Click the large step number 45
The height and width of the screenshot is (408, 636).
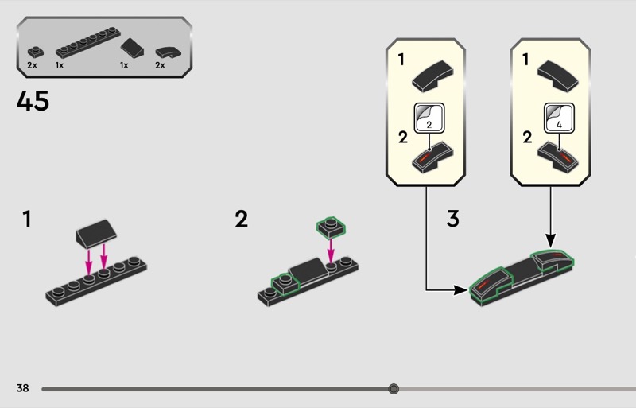(33, 101)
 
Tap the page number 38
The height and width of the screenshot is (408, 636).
(23, 388)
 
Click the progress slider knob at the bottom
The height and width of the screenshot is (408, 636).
(393, 389)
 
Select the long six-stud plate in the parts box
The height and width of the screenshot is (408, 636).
(88, 43)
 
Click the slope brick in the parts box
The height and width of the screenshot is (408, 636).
(132, 48)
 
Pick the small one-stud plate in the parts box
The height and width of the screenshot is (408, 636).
(36, 52)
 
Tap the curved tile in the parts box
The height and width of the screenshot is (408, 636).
(169, 52)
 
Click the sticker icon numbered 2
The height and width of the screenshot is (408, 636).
(429, 118)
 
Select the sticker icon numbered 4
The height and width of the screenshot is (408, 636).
(559, 118)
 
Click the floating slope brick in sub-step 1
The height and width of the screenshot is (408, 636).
(96, 234)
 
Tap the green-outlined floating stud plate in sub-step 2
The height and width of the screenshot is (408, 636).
(331, 227)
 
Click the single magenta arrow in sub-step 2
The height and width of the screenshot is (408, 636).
(331, 251)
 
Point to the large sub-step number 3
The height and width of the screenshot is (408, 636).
(452, 219)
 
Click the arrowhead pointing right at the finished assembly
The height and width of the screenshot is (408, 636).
(461, 289)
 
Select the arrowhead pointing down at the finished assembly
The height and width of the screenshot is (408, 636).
(550, 240)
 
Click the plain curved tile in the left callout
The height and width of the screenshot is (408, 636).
(432, 76)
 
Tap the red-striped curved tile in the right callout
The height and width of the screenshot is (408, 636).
(558, 157)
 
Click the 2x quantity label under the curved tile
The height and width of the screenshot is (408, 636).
(161, 65)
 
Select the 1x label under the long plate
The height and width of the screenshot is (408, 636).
(60, 65)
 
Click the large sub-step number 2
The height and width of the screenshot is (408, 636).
(242, 219)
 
